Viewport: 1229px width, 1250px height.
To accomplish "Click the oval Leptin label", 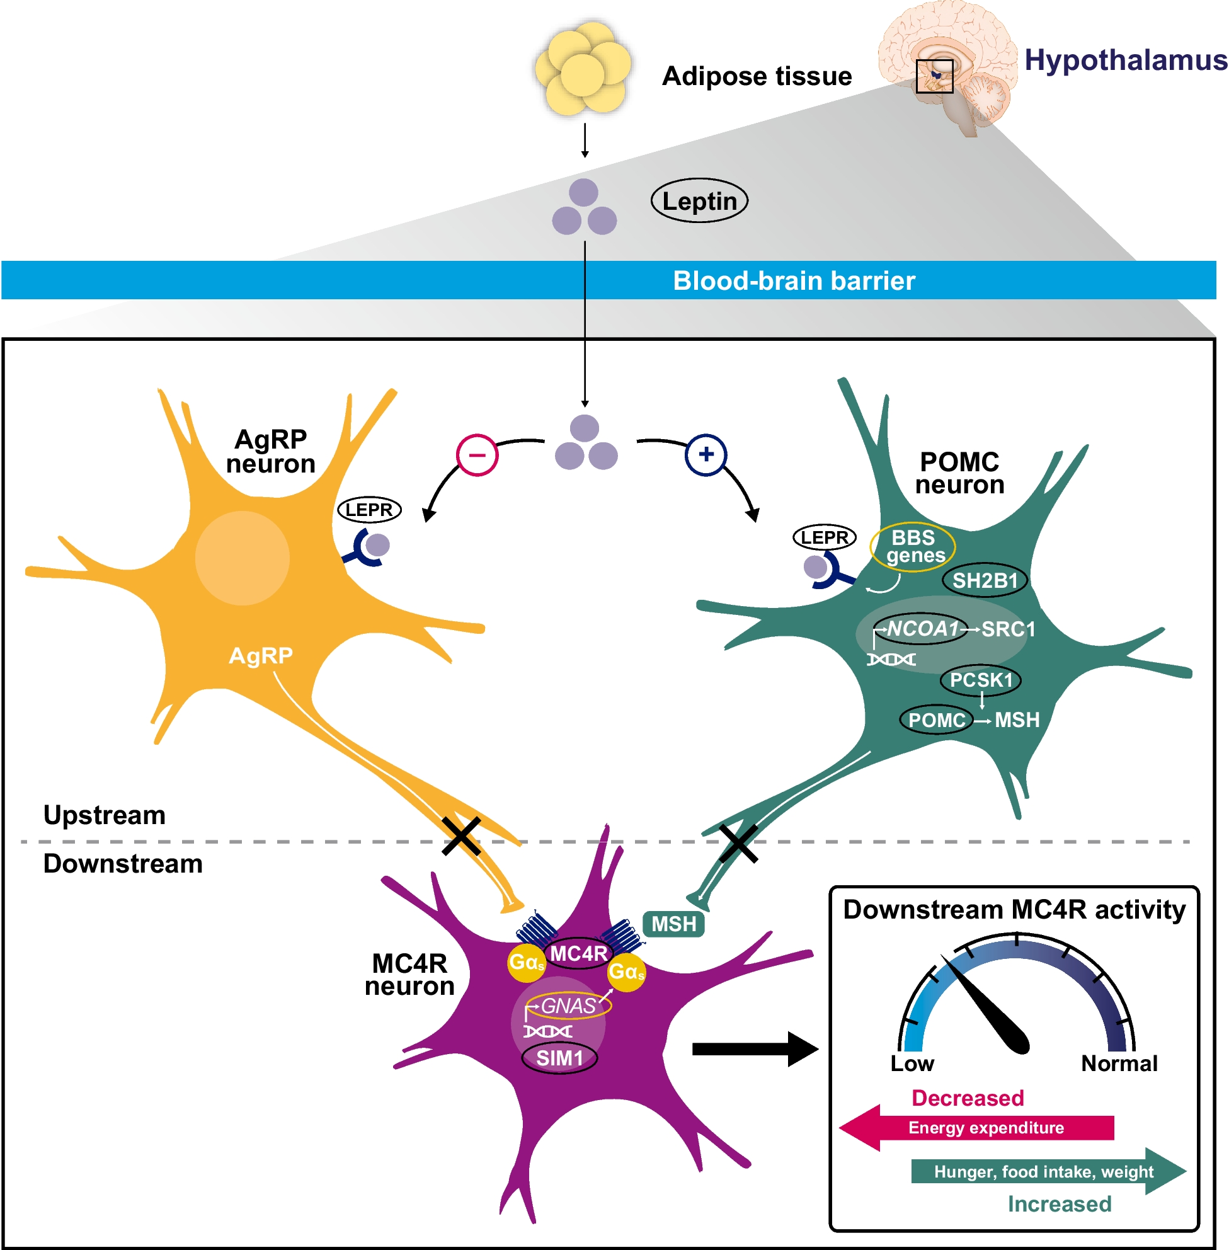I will click(x=699, y=201).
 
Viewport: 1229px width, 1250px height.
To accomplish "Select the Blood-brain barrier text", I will click(x=793, y=281).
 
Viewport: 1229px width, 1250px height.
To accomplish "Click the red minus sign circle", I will click(x=477, y=455).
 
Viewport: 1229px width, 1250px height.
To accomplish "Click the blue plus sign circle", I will click(x=706, y=454).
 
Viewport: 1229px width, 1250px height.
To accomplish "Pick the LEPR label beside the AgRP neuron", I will click(x=369, y=510).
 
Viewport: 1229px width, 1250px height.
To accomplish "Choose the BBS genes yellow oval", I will click(x=912, y=546).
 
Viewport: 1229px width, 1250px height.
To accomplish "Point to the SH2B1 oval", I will click(x=985, y=580).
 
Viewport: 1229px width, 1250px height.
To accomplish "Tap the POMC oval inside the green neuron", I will click(x=936, y=720).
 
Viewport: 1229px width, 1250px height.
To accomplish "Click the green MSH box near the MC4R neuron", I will click(x=673, y=924).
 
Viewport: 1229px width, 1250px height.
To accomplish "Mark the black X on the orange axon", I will click(x=461, y=836).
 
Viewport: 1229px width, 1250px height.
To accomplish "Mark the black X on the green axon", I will click(x=738, y=843).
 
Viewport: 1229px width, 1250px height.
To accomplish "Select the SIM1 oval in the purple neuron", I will click(x=559, y=1058).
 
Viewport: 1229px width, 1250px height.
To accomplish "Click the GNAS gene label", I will click(x=568, y=1006).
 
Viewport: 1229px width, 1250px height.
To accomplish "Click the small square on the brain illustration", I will click(x=934, y=76).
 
